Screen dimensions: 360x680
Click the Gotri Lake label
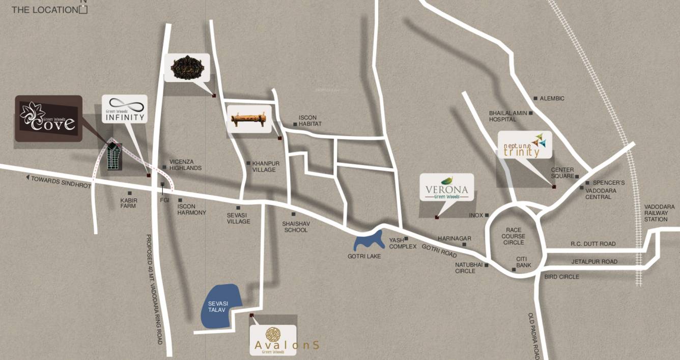point(364,256)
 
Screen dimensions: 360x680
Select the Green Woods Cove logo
point(48,118)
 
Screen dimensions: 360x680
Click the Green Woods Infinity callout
point(125,108)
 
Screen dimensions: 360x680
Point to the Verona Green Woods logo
point(446,187)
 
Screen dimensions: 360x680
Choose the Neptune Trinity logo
point(525,145)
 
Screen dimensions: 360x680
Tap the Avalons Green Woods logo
point(273,340)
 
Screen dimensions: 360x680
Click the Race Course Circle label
point(513,236)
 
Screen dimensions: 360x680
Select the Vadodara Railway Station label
point(659,213)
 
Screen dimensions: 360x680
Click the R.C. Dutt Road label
point(593,244)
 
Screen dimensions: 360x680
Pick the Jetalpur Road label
point(594,262)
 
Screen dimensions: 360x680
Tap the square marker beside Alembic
point(535,98)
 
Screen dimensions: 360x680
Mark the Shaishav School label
point(295,227)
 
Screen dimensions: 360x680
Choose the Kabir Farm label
point(128,203)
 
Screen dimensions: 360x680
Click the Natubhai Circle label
point(465,268)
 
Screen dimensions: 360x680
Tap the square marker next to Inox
point(487,215)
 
